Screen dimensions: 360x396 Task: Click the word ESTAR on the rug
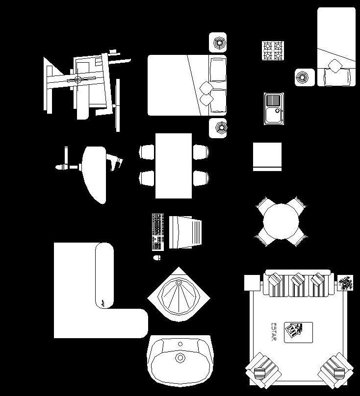click(x=274, y=332)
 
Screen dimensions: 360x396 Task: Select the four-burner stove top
click(x=273, y=51)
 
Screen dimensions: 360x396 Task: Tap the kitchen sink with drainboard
click(x=274, y=108)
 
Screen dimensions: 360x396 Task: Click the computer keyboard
click(x=157, y=231)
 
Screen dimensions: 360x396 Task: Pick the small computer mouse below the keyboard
click(x=157, y=257)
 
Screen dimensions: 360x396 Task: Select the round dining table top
click(x=281, y=222)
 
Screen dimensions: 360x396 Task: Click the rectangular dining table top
click(x=174, y=166)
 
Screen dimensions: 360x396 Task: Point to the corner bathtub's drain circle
click(x=179, y=283)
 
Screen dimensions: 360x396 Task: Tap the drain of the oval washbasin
click(x=180, y=358)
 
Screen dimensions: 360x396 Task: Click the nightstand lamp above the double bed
click(x=218, y=43)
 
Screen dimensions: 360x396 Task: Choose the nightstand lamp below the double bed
click(x=218, y=128)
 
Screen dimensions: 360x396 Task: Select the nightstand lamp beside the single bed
click(x=305, y=77)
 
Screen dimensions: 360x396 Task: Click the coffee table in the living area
click(x=298, y=332)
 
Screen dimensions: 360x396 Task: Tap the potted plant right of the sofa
click(x=346, y=283)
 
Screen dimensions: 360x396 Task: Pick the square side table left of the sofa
click(x=252, y=283)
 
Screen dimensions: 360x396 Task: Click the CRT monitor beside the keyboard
click(x=185, y=231)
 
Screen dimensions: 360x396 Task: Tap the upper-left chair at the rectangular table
click(x=147, y=152)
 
